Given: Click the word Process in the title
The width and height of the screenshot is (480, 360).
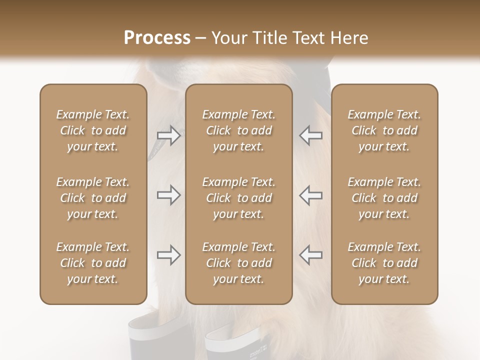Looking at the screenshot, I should click(157, 38).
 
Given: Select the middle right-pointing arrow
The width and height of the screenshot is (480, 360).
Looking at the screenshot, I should click(168, 195).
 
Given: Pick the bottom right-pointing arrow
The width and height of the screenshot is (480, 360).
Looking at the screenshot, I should click(168, 255).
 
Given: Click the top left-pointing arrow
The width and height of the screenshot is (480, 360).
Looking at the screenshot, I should click(310, 135).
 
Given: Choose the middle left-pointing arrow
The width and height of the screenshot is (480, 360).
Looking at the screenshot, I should click(310, 195).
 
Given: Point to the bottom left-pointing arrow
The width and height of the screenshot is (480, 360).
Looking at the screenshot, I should click(310, 254).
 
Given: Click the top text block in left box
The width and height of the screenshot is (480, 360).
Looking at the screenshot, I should click(93, 130).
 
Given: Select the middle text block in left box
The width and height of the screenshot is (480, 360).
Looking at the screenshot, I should click(93, 198).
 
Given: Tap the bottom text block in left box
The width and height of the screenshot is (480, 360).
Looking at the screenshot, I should click(93, 263).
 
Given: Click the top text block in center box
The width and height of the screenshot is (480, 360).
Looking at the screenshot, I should click(238, 130).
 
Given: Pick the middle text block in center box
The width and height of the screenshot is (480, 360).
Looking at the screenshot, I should click(238, 198).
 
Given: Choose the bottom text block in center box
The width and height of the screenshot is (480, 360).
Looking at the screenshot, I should click(238, 263).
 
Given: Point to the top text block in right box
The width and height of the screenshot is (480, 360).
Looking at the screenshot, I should click(384, 130).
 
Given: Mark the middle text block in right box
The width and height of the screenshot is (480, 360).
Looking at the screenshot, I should click(384, 198).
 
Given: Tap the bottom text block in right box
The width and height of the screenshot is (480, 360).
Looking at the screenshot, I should click(384, 263).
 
